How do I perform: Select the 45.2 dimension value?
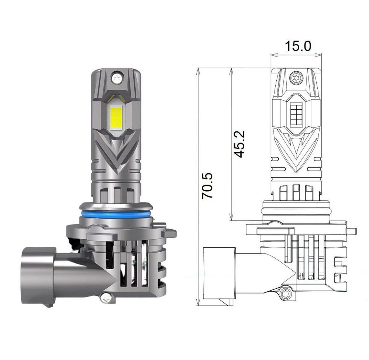click(x=240, y=144)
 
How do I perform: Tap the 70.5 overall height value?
click(x=207, y=186)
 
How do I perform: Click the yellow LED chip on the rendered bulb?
click(x=116, y=115)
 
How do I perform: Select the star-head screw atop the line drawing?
click(x=295, y=77)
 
